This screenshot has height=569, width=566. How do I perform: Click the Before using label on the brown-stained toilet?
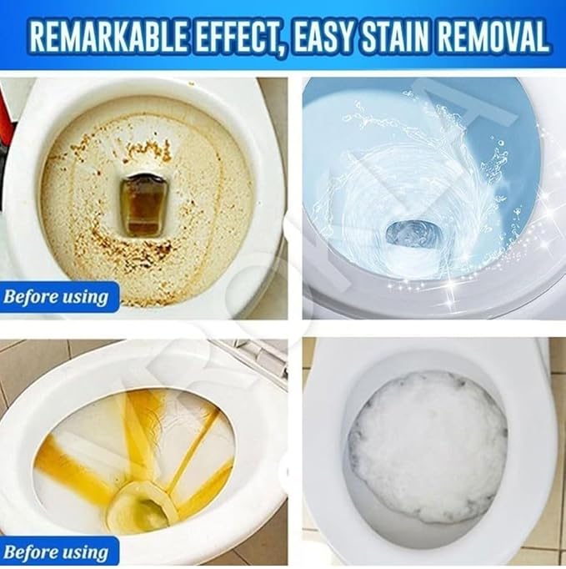tap(57, 297)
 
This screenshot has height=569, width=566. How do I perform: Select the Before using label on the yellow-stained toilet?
tap(57, 551)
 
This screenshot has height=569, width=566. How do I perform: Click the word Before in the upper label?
tap(33, 297)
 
